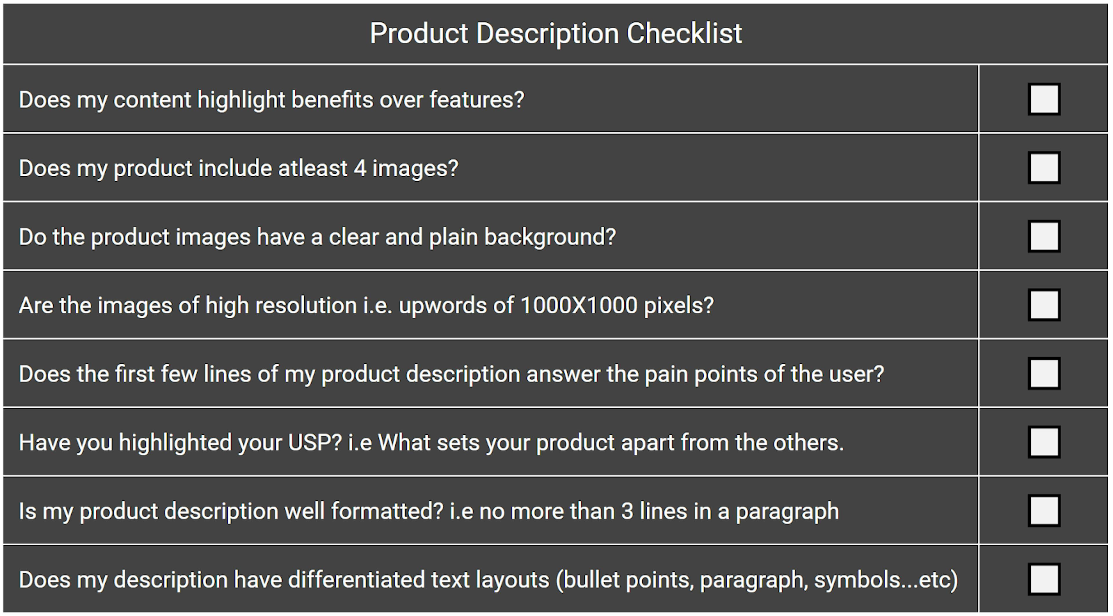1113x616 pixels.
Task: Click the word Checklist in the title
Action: click(x=684, y=33)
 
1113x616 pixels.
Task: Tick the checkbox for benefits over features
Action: click(x=1044, y=99)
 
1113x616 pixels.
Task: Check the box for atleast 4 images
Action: click(x=1044, y=168)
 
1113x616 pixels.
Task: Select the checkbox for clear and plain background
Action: click(x=1044, y=236)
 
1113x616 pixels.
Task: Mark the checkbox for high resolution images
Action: click(x=1044, y=305)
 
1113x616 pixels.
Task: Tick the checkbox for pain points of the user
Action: click(x=1044, y=373)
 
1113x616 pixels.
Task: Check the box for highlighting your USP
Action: click(x=1044, y=442)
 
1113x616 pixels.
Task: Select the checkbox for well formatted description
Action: click(x=1044, y=510)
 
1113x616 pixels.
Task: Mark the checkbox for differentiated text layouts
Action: click(x=1044, y=579)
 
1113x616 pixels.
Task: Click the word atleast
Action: click(x=313, y=168)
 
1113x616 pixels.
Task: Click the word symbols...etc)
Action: click(x=886, y=580)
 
